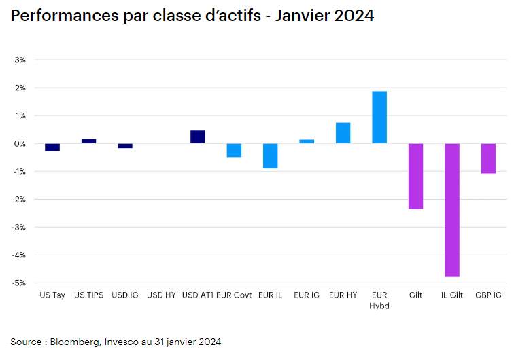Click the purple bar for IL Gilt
[x=452, y=210]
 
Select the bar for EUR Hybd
[x=379, y=118]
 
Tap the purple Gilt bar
[x=415, y=176]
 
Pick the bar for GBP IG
[x=488, y=158]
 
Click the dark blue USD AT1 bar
[x=197, y=137]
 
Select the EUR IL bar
[x=270, y=156]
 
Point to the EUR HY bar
[x=343, y=133]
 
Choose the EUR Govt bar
[x=234, y=150]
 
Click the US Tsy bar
[x=52, y=147]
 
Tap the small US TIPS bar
[x=88, y=141]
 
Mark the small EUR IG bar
[x=307, y=141]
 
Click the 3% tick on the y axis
[x=20, y=60]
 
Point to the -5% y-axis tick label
[x=18, y=283]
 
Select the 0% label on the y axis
[x=20, y=143]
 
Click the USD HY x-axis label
[x=161, y=295]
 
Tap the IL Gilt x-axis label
[x=452, y=295]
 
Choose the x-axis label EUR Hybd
[x=379, y=300]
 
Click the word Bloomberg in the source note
[x=75, y=342]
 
